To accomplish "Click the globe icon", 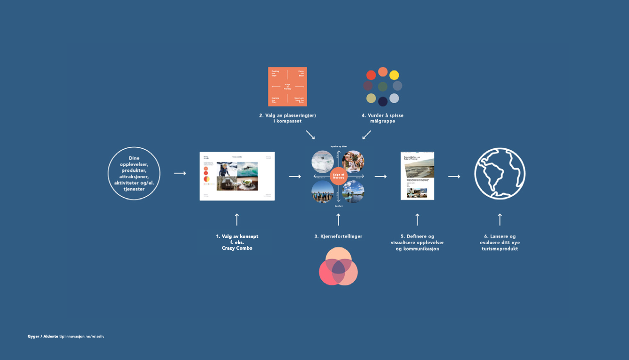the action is [500, 174].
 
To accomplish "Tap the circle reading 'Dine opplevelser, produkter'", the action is [134, 174].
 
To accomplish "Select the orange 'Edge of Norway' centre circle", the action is [338, 176].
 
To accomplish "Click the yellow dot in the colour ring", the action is [394, 75].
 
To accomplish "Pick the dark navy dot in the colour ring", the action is [383, 101].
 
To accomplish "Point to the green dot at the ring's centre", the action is [383, 86].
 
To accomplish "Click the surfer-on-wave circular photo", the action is [323, 161].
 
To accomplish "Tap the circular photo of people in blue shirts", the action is [323, 191].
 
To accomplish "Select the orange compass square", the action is [288, 86].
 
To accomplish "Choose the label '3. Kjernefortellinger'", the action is [338, 237].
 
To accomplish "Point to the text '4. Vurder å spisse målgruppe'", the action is [383, 118].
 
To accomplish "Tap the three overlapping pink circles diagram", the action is [338, 266].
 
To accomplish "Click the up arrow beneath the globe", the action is [500, 219].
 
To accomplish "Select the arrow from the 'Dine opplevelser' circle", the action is [180, 174].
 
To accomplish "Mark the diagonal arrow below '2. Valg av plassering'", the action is [310, 135].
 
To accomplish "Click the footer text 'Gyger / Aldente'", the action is [43, 337].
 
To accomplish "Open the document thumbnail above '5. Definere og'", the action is [417, 176].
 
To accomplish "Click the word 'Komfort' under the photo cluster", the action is [338, 206].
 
